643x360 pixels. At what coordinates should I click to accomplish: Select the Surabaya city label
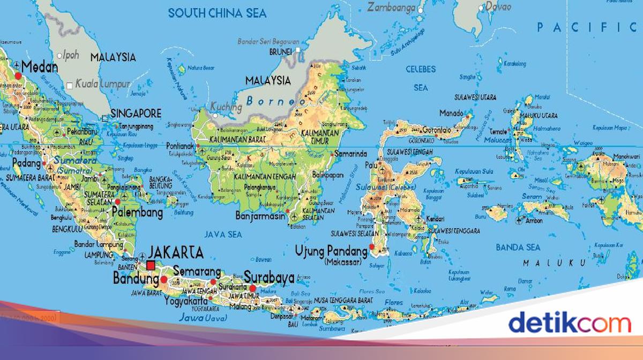(270, 278)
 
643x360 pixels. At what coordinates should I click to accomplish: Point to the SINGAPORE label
(136, 114)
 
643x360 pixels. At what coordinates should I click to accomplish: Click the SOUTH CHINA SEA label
(218, 13)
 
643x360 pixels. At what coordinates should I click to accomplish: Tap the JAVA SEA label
(223, 234)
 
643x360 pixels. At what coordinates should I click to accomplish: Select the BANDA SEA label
(518, 247)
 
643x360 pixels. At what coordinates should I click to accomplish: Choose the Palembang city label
(137, 213)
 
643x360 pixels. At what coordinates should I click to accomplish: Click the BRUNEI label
(280, 52)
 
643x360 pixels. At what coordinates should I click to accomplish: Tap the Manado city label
(451, 113)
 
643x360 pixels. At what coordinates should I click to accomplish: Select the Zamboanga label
(392, 7)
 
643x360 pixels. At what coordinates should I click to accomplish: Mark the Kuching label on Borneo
(227, 106)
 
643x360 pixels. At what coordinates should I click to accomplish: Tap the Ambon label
(534, 220)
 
